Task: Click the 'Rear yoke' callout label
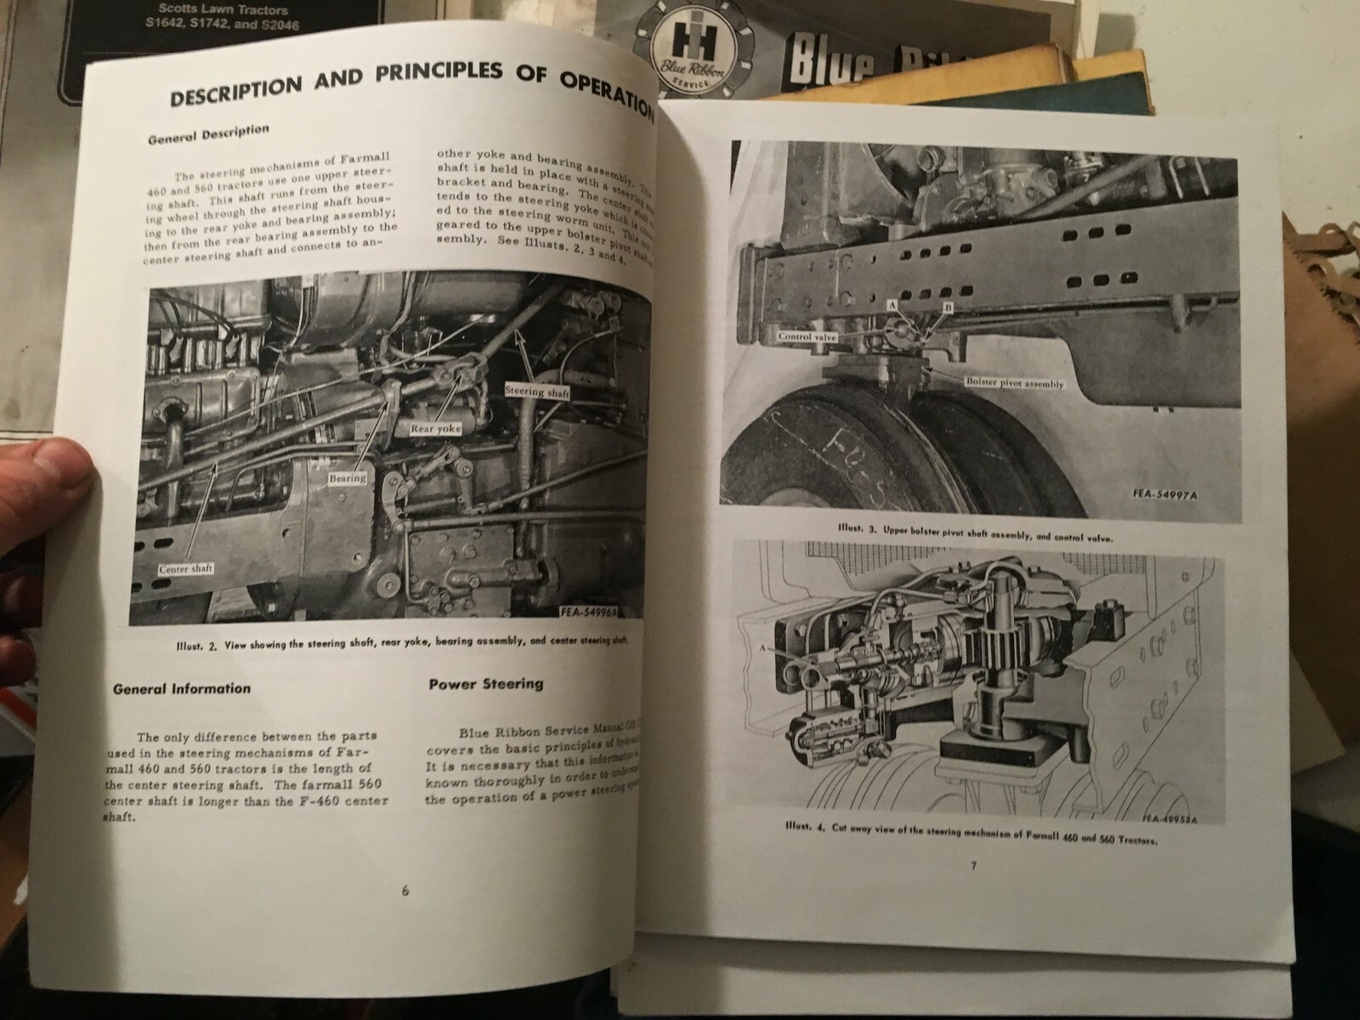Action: [x=434, y=428]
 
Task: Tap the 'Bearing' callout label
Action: [x=347, y=479]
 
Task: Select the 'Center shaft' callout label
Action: [x=184, y=569]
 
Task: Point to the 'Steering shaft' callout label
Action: [x=536, y=392]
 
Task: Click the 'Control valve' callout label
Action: [x=807, y=337]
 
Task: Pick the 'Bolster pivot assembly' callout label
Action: [x=1014, y=384]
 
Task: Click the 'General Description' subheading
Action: [x=208, y=134]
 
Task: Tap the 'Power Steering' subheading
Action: [x=485, y=683]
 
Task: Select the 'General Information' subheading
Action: [x=182, y=688]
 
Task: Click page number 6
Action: [x=405, y=891]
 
